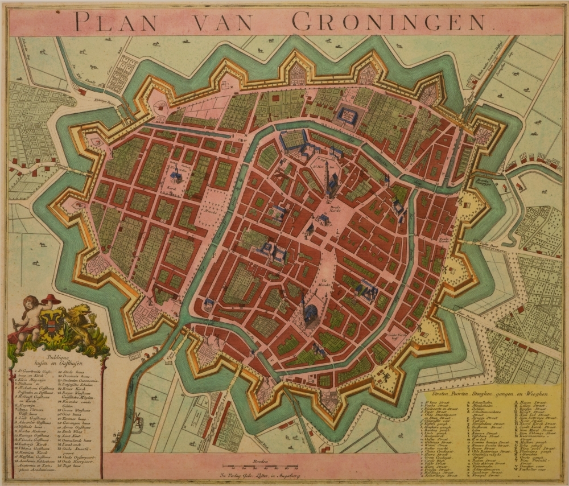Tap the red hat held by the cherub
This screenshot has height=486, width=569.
51,299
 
